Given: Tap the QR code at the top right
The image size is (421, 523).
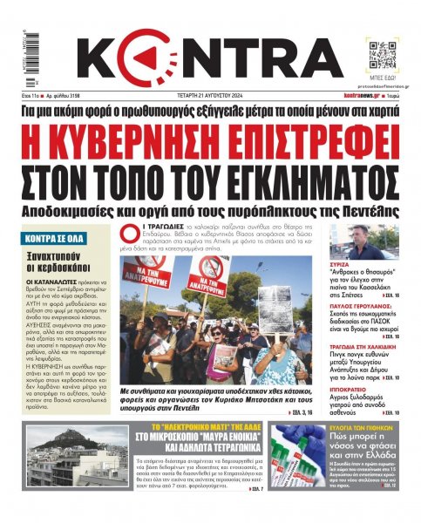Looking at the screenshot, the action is coord(385,42).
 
